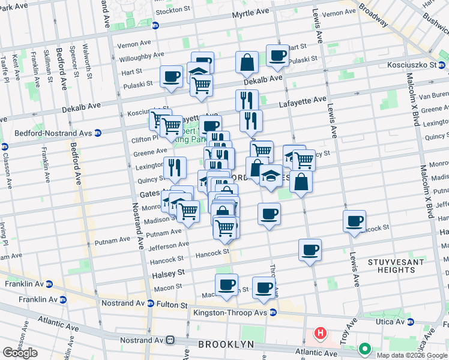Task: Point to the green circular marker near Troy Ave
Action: (x=364, y=348)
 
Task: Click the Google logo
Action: (x=20, y=353)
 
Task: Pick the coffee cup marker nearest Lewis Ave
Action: (x=355, y=221)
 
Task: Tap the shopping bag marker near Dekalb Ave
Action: (x=247, y=62)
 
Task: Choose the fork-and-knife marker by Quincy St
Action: (x=174, y=168)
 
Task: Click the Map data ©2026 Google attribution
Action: (x=411, y=355)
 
